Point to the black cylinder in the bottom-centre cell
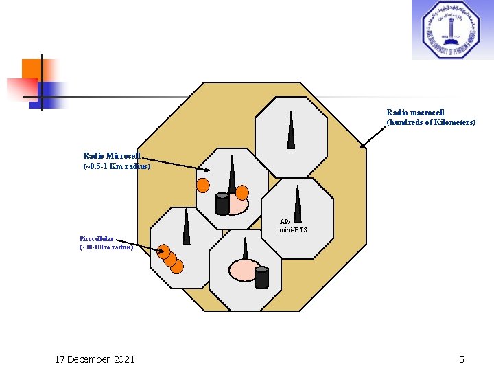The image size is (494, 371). [x=261, y=277]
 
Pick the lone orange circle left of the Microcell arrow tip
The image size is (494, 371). [x=203, y=185]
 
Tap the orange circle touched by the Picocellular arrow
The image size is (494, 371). [x=164, y=251]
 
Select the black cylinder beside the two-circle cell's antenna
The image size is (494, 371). [x=222, y=204]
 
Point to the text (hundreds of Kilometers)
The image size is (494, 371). [x=431, y=122]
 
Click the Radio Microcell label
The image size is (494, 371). [x=112, y=156]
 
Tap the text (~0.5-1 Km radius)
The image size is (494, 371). [x=117, y=166]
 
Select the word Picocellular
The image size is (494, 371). [x=96, y=238]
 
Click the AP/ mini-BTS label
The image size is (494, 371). [x=293, y=225]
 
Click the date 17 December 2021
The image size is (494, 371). [x=95, y=359]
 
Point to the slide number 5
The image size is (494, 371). [x=462, y=359]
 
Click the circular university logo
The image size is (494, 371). [x=451, y=30]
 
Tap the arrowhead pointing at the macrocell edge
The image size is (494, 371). [x=362, y=146]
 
